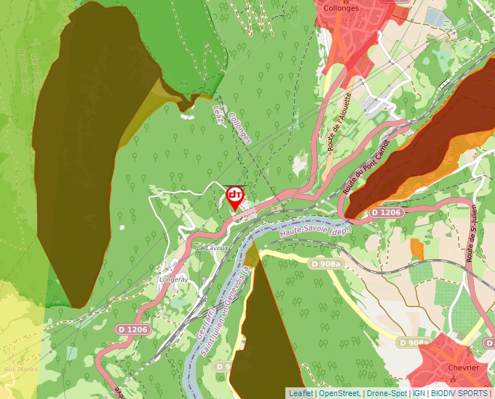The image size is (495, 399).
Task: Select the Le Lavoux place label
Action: [x=213, y=248]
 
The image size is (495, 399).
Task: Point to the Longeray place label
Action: [x=174, y=279]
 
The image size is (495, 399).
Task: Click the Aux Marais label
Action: [x=20, y=369]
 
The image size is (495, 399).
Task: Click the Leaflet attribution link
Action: [x=300, y=393]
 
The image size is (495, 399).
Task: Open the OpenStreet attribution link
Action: [x=338, y=393]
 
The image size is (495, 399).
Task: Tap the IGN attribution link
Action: [x=419, y=393]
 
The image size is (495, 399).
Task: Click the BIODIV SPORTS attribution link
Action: [x=459, y=393]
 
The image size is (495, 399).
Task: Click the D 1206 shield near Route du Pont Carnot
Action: [x=385, y=212]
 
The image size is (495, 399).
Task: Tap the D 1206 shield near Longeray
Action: [x=133, y=330]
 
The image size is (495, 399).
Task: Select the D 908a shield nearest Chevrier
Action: [x=413, y=342]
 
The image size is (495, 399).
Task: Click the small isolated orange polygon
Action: [x=417, y=248]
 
